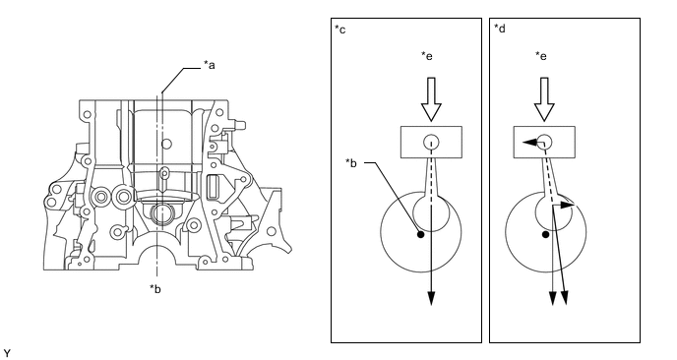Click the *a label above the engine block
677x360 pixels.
210,65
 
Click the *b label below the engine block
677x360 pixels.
155,289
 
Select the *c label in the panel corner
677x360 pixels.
340,30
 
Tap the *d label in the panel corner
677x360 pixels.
500,29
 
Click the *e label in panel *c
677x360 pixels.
427,56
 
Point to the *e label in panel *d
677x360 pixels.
541,56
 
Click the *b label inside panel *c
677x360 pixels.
351,163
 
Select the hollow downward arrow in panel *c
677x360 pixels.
431,98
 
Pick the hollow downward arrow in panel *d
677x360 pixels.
544,98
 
